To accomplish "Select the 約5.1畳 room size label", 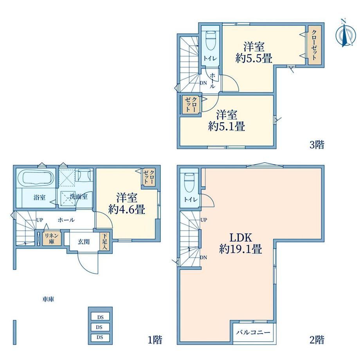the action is pyautogui.click(x=227, y=126).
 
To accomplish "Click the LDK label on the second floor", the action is pyautogui.click(x=241, y=238).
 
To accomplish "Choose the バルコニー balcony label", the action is pyautogui.click(x=254, y=332).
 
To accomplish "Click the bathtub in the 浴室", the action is pyautogui.click(x=35, y=177).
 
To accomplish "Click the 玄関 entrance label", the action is pyautogui.click(x=84, y=242).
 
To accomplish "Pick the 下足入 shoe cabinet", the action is pyautogui.click(x=105, y=242).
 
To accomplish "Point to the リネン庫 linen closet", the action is pyautogui.click(x=52, y=238).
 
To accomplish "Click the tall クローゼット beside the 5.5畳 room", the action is pyautogui.click(x=314, y=45).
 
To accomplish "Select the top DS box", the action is pyautogui.click(x=100, y=317).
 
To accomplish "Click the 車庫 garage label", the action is pyautogui.click(x=48, y=299).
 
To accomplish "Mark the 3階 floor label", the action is pyautogui.click(x=317, y=145).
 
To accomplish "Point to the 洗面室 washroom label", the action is pyautogui.click(x=79, y=196).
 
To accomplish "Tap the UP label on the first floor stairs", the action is pyautogui.click(x=40, y=220).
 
